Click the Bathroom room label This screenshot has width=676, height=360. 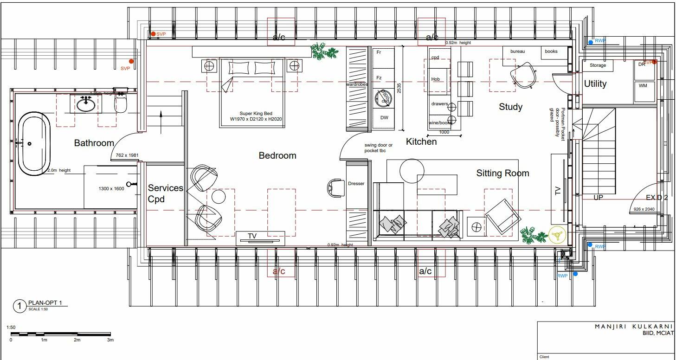[94, 143]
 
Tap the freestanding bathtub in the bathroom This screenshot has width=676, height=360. [34, 144]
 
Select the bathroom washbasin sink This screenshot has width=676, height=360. [86, 104]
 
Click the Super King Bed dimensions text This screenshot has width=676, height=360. [256, 116]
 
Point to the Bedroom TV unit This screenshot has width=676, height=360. [259, 237]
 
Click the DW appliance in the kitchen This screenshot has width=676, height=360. [384, 118]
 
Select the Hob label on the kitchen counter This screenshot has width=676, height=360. [436, 79]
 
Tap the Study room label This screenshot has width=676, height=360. [510, 107]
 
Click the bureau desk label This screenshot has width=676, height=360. [517, 51]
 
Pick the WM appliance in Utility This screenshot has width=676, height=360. [643, 86]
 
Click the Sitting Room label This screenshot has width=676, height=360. [502, 174]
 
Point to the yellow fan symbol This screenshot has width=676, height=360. [557, 235]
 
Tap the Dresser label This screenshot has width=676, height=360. [356, 184]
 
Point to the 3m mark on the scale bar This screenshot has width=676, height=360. [110, 340]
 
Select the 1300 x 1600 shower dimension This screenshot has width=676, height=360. [111, 189]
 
